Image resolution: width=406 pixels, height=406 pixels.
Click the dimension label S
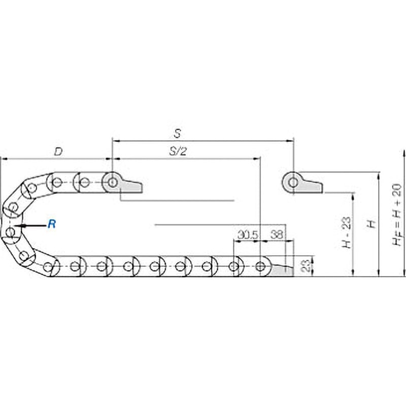pos(177,133)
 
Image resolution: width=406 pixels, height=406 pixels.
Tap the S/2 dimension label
pos(178,151)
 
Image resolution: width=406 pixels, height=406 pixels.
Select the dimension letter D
pos(58,151)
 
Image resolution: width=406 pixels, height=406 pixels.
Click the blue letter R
pos(52,224)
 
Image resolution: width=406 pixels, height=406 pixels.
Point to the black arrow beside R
pos(30,226)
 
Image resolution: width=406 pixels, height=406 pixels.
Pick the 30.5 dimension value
pos(248,235)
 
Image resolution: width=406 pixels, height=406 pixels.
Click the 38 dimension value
pos(277,235)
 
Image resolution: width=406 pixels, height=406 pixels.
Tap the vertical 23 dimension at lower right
pos(307,266)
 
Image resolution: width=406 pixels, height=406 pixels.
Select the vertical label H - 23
pos(347,232)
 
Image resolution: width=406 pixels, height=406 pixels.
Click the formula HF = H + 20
pos(397,214)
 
